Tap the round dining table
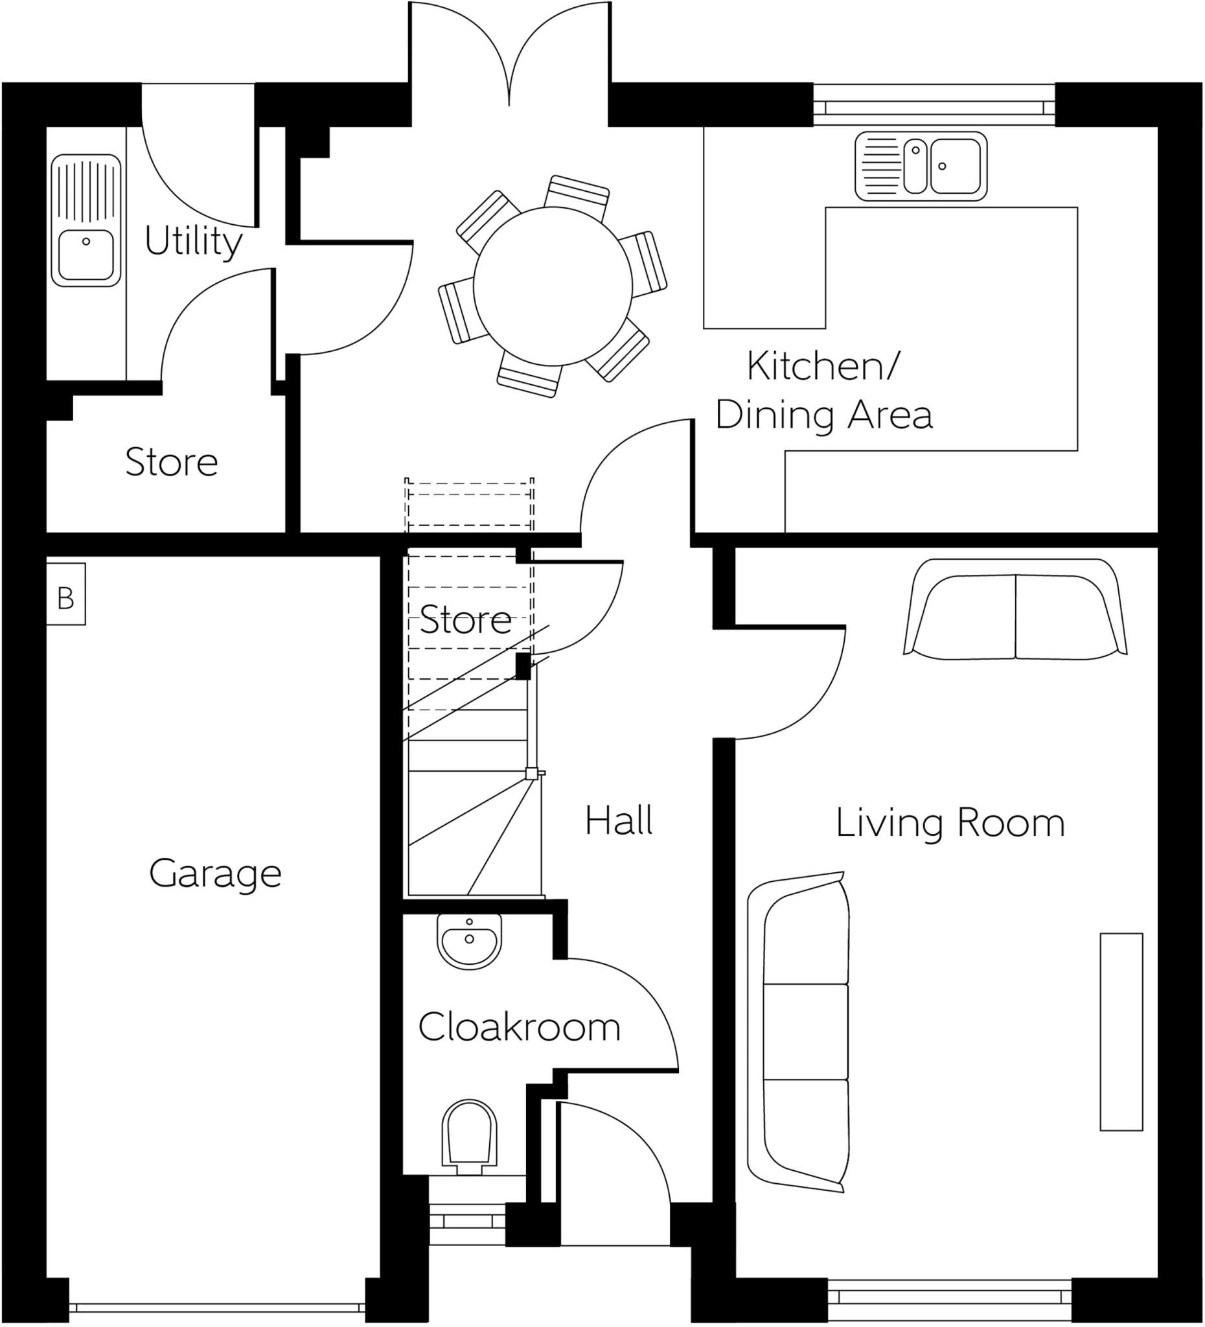(x=552, y=286)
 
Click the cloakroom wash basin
(x=469, y=943)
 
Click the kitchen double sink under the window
(x=921, y=166)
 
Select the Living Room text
(x=950, y=824)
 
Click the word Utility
(x=193, y=242)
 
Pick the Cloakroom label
(x=519, y=1028)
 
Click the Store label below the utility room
(x=171, y=462)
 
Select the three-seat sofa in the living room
(x=799, y=1033)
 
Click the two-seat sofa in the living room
(x=1015, y=610)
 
